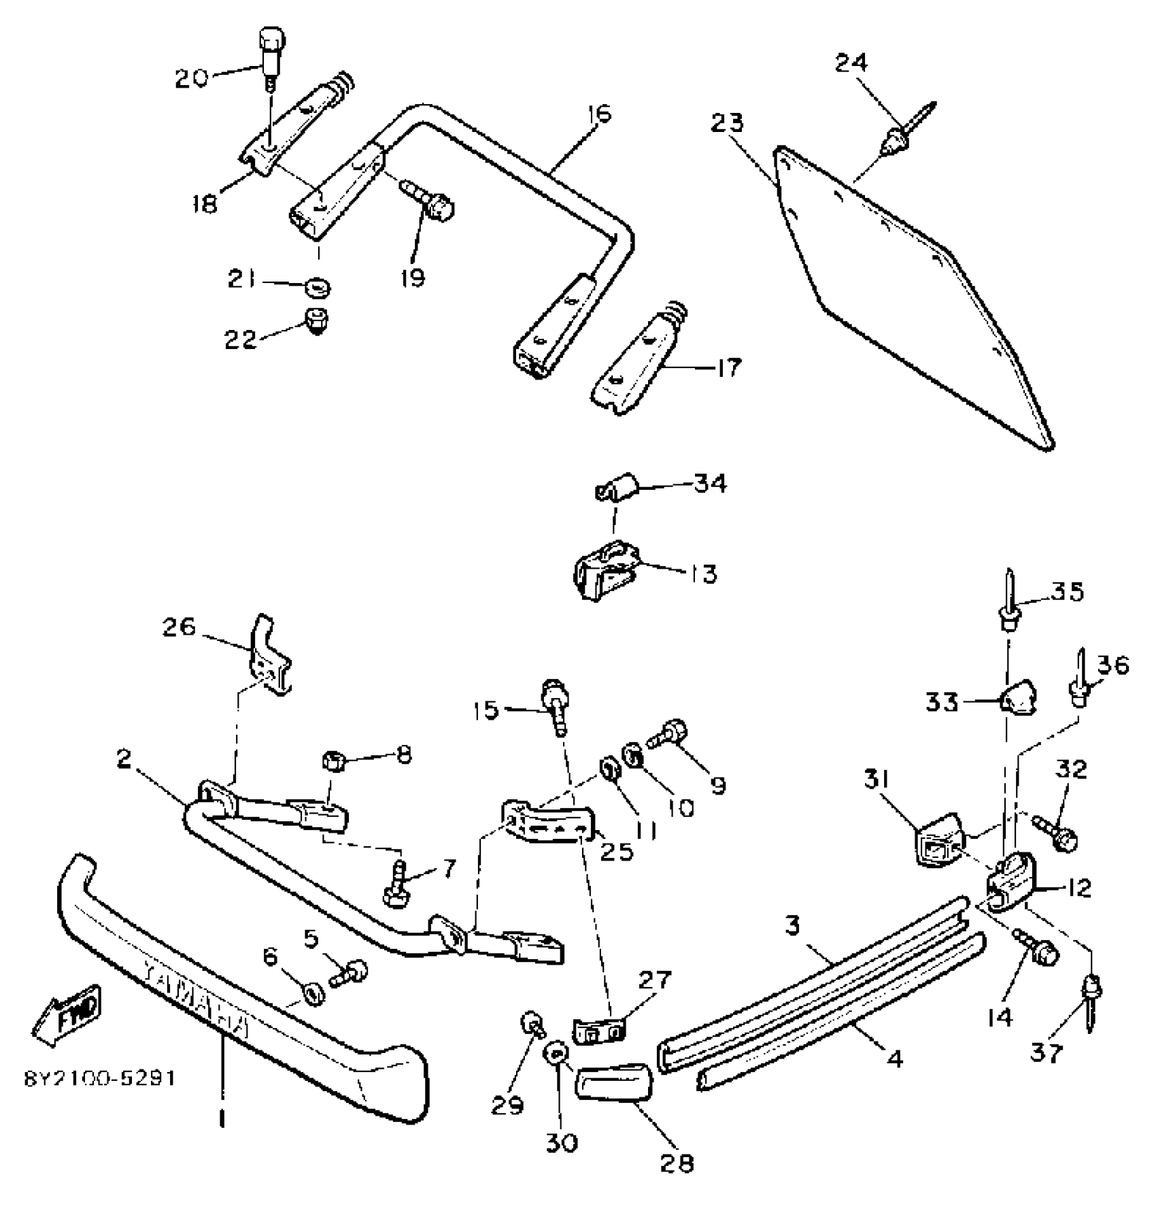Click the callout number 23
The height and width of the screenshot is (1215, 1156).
click(x=728, y=123)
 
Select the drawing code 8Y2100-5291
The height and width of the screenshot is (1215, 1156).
click(x=101, y=1080)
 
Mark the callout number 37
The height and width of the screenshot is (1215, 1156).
click(x=1047, y=1054)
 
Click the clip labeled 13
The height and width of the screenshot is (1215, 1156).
click(x=605, y=575)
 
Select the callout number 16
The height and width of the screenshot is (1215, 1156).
click(x=600, y=114)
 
